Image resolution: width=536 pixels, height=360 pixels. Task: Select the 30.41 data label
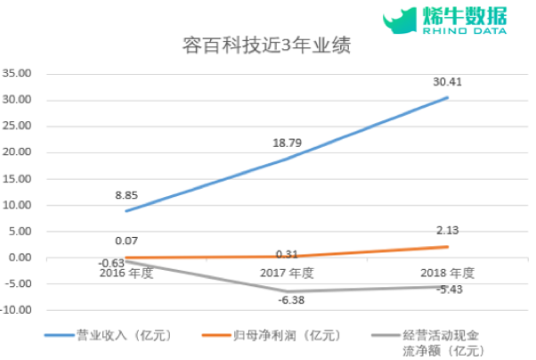pyautogui.click(x=447, y=82)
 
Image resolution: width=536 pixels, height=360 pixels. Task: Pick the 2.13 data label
pyautogui.click(x=447, y=231)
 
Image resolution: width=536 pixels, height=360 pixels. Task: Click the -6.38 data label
pyautogui.click(x=290, y=301)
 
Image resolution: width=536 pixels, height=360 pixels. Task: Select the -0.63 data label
pyautogui.click(x=112, y=262)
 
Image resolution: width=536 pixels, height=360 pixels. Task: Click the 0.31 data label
pyautogui.click(x=288, y=255)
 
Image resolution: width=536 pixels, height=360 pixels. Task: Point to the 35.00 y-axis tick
pyautogui.click(x=19, y=73)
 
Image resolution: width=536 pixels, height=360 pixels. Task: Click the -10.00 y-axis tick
pyautogui.click(x=17, y=311)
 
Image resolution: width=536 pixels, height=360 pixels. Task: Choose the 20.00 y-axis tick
pyautogui.click(x=19, y=152)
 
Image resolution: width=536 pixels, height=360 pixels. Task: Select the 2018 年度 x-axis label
pyautogui.click(x=447, y=274)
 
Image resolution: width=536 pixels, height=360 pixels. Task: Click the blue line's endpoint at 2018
pyautogui.click(x=447, y=97)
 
